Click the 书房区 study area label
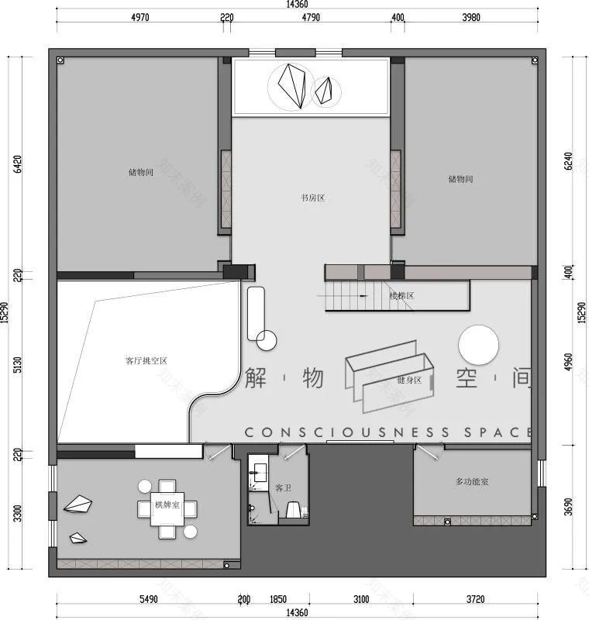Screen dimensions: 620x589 tap(312, 198)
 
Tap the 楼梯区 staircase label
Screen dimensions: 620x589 tap(401, 295)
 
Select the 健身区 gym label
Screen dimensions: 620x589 tap(408, 380)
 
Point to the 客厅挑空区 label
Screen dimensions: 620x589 tap(146, 360)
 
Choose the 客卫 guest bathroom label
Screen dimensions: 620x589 tap(283, 488)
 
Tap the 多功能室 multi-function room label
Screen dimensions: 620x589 tap(471, 482)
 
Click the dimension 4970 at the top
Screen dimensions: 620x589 tap(138, 18)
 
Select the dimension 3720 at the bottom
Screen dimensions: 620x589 tap(475, 600)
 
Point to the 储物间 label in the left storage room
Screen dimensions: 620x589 tap(140, 172)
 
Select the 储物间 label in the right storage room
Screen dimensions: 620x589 tap(460, 179)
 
